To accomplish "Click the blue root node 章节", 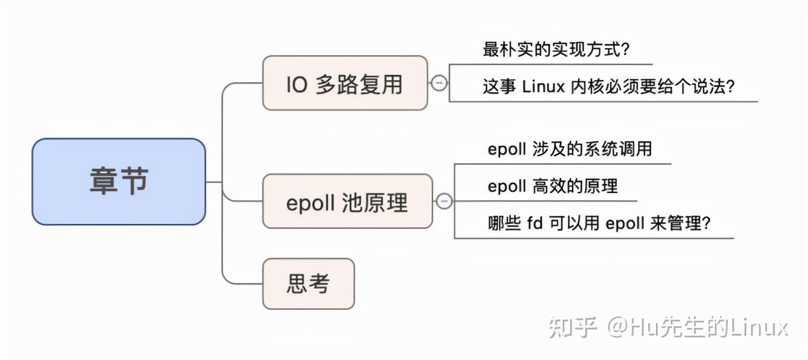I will click(x=119, y=181).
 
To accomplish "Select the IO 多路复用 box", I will click(x=345, y=83).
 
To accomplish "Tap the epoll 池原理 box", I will click(x=347, y=201).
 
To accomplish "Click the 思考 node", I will click(x=308, y=283).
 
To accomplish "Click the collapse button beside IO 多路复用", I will click(x=438, y=83).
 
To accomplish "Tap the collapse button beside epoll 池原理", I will click(x=444, y=201).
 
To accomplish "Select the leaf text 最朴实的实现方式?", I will click(x=555, y=50).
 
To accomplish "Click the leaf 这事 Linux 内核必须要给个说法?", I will click(x=608, y=87).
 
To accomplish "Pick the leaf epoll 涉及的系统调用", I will click(x=569, y=149).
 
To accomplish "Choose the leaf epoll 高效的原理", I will click(x=553, y=186).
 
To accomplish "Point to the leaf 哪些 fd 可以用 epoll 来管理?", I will click(x=599, y=224).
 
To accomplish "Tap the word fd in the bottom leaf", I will click(x=535, y=224).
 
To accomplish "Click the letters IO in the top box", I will click(x=296, y=84).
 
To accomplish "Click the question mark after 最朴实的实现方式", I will click(x=624, y=50).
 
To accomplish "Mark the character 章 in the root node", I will click(x=103, y=181).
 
